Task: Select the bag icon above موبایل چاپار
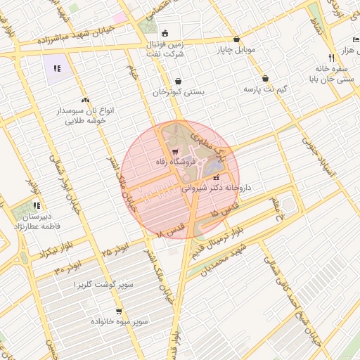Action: pyautogui.click(x=236, y=39)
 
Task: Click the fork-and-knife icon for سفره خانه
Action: pyautogui.click(x=330, y=58)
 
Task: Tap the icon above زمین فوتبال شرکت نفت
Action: pyautogui.click(x=165, y=32)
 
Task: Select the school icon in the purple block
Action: pyautogui.click(x=57, y=69)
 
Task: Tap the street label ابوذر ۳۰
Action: pyautogui.click(x=68, y=268)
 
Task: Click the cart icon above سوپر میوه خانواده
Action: pyautogui.click(x=118, y=310)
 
